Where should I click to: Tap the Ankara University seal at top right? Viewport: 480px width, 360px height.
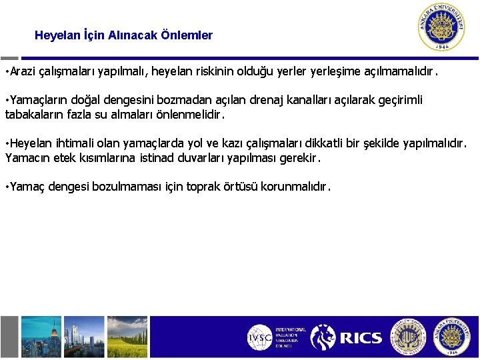(441, 27)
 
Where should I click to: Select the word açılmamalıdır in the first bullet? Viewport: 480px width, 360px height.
(399, 71)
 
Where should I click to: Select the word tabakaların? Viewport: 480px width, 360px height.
(34, 114)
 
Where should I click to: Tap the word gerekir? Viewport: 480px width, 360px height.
(300, 159)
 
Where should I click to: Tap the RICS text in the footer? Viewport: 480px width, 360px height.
(361, 338)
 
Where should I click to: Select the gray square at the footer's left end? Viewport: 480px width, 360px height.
(9, 337)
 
